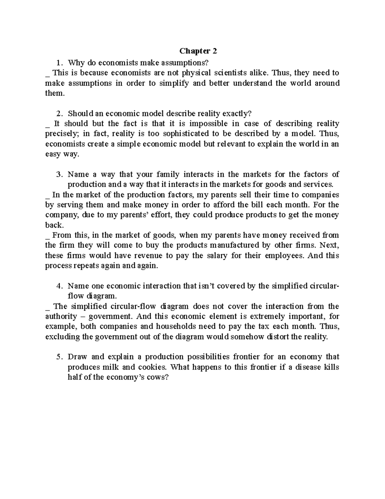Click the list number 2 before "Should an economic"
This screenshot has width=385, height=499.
(58, 113)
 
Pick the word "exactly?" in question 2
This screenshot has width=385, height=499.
(235, 113)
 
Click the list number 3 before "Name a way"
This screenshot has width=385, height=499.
(58, 174)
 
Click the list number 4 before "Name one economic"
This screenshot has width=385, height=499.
(58, 286)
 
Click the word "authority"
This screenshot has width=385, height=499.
(61, 316)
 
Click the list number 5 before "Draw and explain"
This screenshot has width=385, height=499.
(58, 357)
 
